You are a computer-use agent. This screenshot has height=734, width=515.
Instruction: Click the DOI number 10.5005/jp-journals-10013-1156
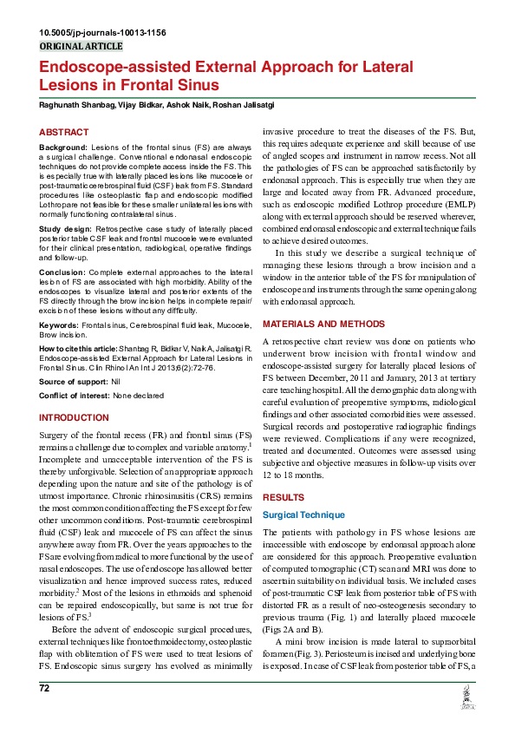(x=102, y=32)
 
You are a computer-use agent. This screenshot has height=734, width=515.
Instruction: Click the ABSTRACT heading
(x=63, y=132)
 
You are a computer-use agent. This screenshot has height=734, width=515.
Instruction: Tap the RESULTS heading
(x=284, y=498)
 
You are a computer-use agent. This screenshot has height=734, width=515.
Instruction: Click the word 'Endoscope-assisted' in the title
(x=110, y=67)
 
